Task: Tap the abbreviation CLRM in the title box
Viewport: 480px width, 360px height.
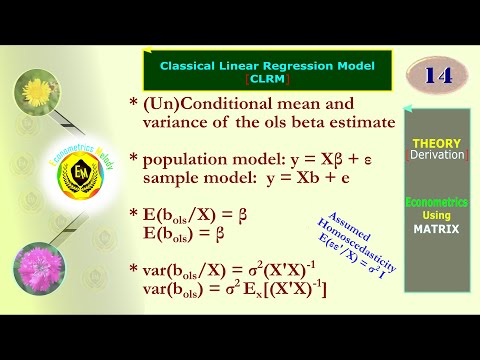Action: point(265,78)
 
